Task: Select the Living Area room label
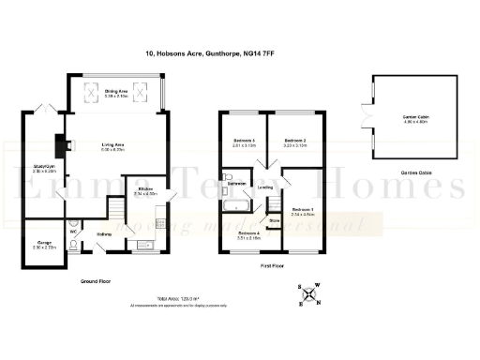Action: (x=113, y=144)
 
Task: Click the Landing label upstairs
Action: (x=266, y=188)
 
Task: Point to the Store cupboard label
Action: (x=274, y=221)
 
